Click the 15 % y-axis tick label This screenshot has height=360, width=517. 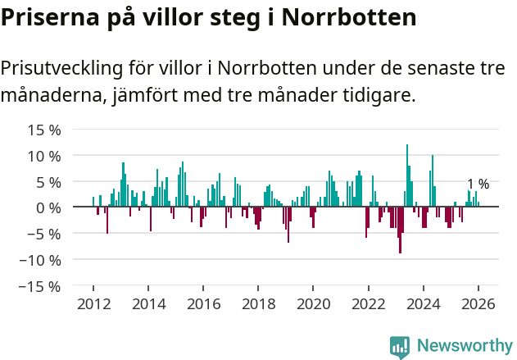click(x=44, y=130)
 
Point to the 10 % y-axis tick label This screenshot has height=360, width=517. click(x=44, y=156)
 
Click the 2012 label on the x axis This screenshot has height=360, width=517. click(x=93, y=303)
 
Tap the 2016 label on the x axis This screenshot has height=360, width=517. click(x=203, y=303)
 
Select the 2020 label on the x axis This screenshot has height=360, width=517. click(x=313, y=303)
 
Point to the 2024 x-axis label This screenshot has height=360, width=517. click(x=424, y=303)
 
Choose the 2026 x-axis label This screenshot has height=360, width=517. click(x=478, y=303)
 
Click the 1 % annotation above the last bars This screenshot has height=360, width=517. click(x=478, y=185)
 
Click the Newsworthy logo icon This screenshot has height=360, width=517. click(x=400, y=346)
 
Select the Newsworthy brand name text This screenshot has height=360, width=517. click(x=465, y=346)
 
